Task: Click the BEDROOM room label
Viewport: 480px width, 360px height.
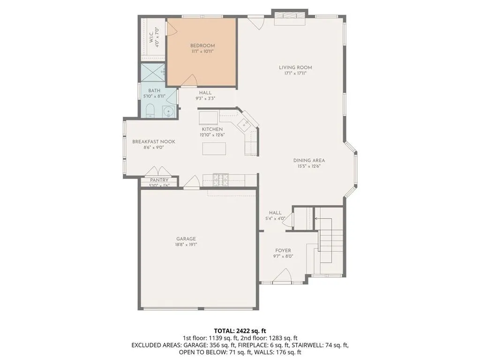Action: point(202,45)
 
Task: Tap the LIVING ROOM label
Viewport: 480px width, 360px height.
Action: point(295,67)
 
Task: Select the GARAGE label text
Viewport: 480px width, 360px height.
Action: point(186,239)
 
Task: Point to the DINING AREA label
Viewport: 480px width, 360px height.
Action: point(309,160)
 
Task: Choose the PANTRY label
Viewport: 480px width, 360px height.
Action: point(159,180)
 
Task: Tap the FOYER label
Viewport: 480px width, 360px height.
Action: point(283,251)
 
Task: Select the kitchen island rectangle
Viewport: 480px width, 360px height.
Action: point(214,148)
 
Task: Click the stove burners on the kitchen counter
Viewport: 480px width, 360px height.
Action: point(220,178)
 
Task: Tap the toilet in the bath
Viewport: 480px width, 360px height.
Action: point(150,111)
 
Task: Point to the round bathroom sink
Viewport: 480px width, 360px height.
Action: point(168,112)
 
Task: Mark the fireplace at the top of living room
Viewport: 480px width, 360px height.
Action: point(289,16)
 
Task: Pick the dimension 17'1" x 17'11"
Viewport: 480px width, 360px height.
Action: point(295,74)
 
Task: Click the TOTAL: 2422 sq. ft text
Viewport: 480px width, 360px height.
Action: point(240,331)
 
